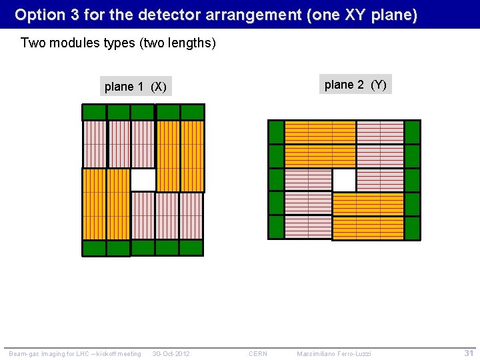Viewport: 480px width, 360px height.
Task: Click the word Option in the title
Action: [x=37, y=14]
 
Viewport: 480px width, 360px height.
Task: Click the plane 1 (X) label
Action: [x=135, y=87]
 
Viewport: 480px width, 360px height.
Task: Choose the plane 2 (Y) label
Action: [x=355, y=85]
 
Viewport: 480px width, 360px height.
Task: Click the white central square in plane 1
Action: [x=143, y=179]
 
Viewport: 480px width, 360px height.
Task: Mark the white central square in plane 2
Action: [x=344, y=180]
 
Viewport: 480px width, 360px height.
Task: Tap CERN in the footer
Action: [x=258, y=353]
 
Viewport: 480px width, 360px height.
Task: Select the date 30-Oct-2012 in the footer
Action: [x=171, y=353]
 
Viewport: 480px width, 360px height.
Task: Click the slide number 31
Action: [x=469, y=353]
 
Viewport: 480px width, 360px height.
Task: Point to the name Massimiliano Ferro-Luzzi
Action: [x=333, y=353]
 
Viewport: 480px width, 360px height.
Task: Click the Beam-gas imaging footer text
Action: [x=75, y=353]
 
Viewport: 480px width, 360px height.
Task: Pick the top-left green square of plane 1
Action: [x=94, y=112]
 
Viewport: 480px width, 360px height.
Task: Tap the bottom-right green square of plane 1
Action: [x=191, y=247]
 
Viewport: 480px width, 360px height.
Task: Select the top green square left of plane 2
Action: [x=276, y=131]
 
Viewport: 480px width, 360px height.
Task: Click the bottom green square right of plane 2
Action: [x=413, y=228]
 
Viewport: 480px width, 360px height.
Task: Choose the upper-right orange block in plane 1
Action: [x=180, y=156]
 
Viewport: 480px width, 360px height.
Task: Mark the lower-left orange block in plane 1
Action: [x=106, y=203]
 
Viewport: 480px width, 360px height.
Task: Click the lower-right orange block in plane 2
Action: [x=368, y=216]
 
